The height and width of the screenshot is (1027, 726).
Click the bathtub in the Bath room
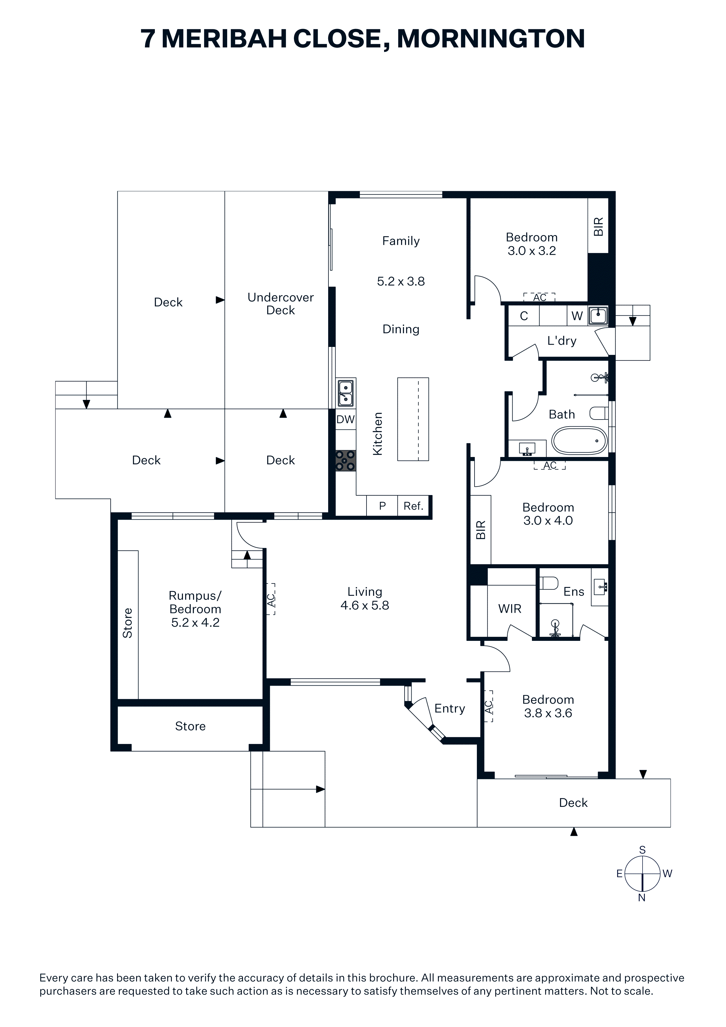(x=579, y=441)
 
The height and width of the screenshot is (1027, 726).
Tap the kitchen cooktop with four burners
(x=345, y=461)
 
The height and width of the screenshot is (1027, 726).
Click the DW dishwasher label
(x=345, y=419)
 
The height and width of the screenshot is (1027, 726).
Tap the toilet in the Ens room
(x=549, y=583)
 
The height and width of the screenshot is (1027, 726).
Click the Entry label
(x=450, y=708)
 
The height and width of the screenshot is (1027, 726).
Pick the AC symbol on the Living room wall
(x=270, y=599)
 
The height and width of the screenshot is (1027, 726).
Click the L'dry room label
(x=562, y=341)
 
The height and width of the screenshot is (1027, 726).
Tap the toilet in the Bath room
(x=599, y=413)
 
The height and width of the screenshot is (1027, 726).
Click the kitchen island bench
(x=413, y=419)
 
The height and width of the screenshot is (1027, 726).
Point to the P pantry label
(x=382, y=506)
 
